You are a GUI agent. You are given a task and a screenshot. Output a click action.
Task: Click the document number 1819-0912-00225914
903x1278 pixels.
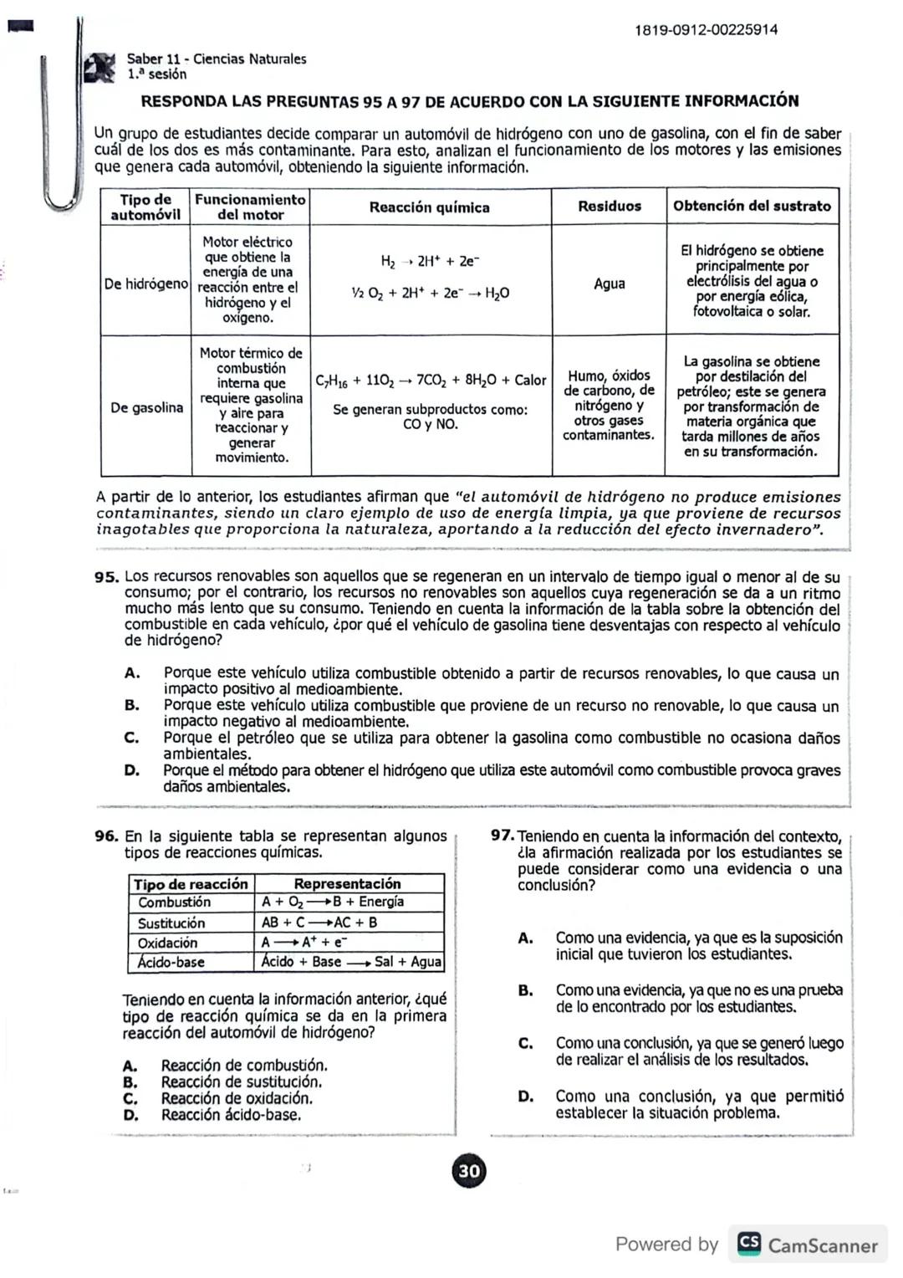click(706, 30)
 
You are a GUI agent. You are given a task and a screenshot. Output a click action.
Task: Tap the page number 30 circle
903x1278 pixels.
click(469, 1171)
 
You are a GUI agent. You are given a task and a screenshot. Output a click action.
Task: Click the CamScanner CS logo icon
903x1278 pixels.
click(748, 1245)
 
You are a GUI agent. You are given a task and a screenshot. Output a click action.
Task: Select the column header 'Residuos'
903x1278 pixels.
click(610, 207)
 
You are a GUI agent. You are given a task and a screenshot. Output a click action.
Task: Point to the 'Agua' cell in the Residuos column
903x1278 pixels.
click(610, 284)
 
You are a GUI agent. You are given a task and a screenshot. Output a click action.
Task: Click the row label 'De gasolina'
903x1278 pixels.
click(146, 408)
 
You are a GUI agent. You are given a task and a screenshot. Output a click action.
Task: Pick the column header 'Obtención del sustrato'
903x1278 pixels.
click(752, 206)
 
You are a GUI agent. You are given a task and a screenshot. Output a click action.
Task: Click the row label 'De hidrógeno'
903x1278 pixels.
click(146, 284)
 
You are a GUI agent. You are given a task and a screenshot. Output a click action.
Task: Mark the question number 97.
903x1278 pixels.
click(502, 836)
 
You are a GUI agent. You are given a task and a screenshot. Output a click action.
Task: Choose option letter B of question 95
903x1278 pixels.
click(131, 706)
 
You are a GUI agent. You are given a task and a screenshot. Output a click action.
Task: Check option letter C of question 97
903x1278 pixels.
click(525, 1044)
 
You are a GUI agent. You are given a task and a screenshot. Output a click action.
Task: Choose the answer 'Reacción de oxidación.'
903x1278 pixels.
click(237, 1098)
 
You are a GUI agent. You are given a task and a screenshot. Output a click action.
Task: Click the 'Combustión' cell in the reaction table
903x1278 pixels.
click(175, 902)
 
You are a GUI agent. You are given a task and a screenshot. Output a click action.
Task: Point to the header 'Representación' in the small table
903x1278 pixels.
click(347, 884)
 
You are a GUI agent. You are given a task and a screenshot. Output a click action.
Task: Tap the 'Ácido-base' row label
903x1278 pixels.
click(171, 963)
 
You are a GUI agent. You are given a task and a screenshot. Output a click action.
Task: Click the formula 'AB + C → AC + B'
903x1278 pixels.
click(319, 923)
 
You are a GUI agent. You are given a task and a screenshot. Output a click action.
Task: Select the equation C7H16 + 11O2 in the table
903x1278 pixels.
click(430, 381)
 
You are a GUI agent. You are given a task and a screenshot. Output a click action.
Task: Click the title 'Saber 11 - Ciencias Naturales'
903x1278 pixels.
click(217, 59)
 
